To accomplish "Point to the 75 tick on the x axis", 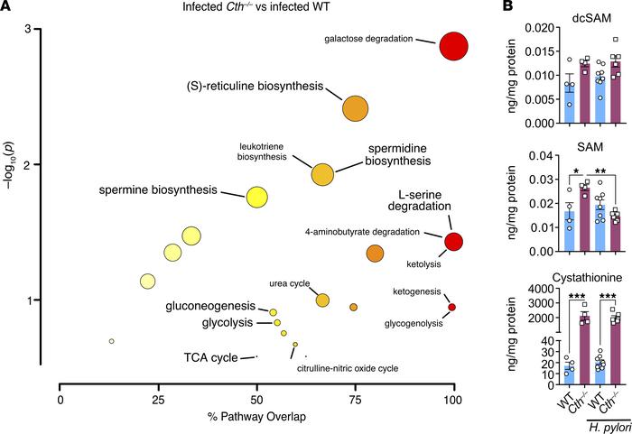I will point(355,398).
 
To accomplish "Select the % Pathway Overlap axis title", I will point(256,421).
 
